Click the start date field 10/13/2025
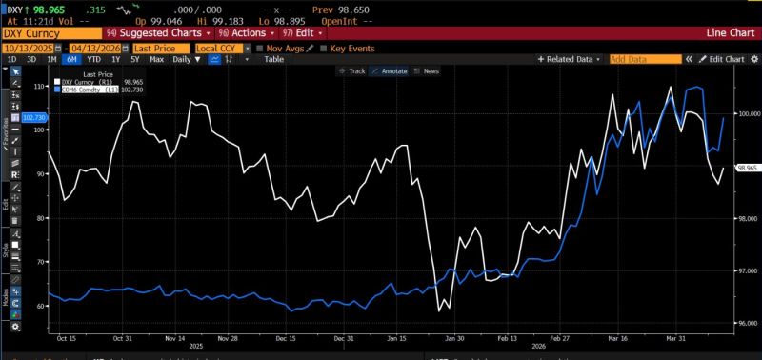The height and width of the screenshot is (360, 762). coord(31,47)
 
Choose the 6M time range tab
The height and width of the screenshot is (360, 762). coord(70,59)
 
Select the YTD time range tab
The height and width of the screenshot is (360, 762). coord(91,59)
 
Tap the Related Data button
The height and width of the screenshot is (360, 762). coord(571,59)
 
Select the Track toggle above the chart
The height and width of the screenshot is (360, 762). coord(353,70)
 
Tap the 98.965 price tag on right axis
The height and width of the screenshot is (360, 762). coord(745,168)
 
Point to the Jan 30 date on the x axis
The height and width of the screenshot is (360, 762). coord(456,338)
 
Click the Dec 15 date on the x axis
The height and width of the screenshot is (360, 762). coord(287,338)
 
